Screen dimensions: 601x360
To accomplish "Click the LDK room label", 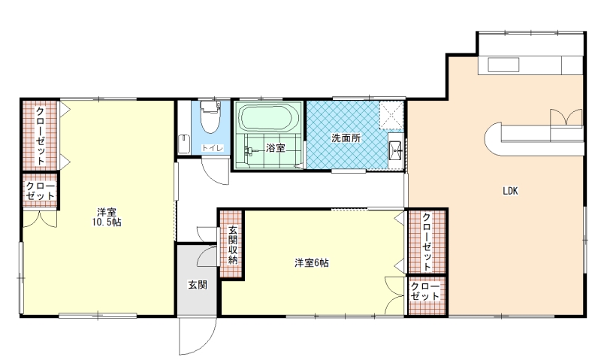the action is click(510, 191).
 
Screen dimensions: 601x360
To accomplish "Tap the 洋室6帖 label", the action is click(311, 263).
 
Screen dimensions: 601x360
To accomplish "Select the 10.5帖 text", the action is click(107, 222).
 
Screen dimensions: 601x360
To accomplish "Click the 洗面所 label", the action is click(346, 138).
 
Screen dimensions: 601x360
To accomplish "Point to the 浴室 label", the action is click(276, 147).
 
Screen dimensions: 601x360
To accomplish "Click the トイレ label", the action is click(212, 148).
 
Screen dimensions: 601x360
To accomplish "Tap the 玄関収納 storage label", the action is click(233, 245).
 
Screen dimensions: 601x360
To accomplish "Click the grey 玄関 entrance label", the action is click(198, 285).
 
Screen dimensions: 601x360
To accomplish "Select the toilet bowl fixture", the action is click(210, 117).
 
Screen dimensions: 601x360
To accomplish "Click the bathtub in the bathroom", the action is click(269, 118).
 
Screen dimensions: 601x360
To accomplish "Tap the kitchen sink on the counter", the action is click(503, 65).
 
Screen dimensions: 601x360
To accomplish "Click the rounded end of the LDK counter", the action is click(494, 139).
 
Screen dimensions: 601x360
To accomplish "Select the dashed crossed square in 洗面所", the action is click(391, 115).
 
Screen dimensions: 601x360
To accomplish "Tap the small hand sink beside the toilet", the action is click(184, 144).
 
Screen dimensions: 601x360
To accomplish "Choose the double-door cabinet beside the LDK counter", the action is click(566, 117).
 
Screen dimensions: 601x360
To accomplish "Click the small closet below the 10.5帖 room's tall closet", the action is click(40, 191).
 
